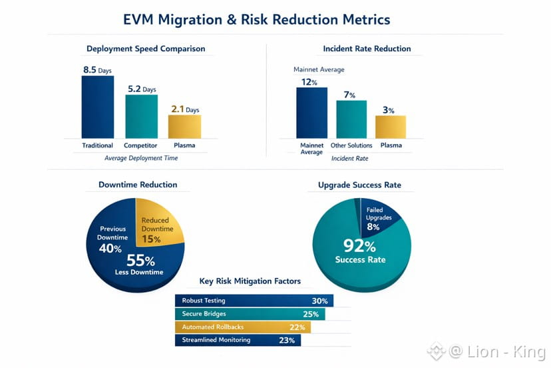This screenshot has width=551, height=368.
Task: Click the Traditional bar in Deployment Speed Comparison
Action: click(98, 107)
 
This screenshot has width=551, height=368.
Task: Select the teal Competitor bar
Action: click(141, 117)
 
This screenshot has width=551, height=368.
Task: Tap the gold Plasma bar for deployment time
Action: click(184, 127)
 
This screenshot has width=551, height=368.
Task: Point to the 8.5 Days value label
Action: click(97, 70)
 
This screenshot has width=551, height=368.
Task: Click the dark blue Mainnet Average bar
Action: click(311, 113)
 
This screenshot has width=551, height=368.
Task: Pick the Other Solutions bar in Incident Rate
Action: click(351, 119)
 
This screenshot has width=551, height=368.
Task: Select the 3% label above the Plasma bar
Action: click(389, 110)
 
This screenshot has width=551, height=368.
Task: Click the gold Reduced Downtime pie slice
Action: click(158, 222)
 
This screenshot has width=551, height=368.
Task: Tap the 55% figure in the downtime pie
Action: click(140, 261)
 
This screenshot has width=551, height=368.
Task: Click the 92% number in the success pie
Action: click(359, 245)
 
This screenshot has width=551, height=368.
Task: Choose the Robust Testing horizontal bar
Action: click(254, 301)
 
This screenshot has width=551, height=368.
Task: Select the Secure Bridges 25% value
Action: click(311, 314)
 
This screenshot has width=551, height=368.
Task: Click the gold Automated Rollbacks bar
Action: click(243, 327)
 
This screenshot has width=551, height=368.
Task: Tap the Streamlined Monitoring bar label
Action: click(216, 340)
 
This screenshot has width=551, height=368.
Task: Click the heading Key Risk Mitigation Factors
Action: click(250, 281)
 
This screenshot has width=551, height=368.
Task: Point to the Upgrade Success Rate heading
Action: click(359, 185)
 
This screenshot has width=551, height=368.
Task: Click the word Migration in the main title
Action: click(190, 20)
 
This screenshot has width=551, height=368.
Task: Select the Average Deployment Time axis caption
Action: click(141, 158)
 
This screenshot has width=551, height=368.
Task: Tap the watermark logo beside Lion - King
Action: click(436, 351)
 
